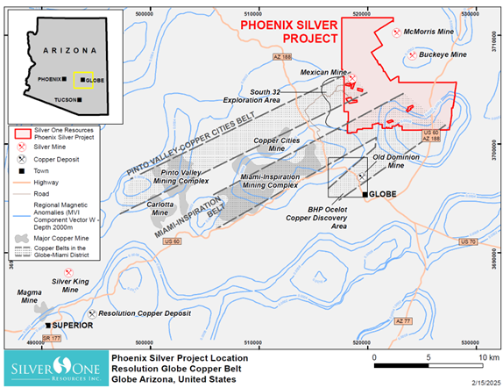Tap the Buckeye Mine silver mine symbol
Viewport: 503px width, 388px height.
point(413,54)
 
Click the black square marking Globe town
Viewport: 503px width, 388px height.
point(364,192)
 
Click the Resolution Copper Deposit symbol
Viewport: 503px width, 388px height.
point(92,312)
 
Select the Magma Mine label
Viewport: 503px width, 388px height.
point(22,301)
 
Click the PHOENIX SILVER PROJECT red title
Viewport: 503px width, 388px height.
point(289,32)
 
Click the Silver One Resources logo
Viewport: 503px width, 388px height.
point(52,369)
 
